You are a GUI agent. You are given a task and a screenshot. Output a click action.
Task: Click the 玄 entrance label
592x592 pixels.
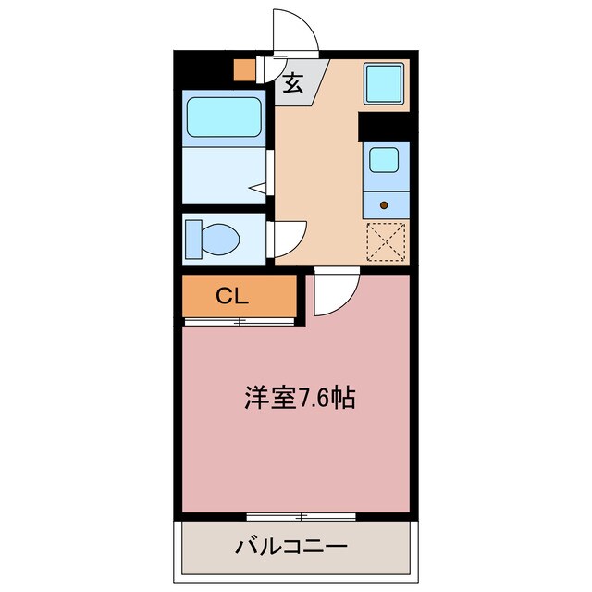pos(293,82)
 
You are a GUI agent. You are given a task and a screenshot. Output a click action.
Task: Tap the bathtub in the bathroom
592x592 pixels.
pos(225,117)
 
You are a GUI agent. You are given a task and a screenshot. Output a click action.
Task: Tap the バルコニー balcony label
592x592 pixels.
pos(295,546)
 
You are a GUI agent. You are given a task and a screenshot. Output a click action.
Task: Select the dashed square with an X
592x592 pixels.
pos(386,243)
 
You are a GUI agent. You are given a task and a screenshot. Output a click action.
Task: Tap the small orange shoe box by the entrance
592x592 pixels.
pos(243,70)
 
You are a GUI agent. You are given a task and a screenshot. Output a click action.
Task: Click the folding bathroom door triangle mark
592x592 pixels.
pos(259,188)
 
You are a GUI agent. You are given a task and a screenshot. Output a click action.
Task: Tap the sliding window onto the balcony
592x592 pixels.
pos(296,515)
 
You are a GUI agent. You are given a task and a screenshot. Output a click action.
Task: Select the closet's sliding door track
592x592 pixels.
pos(240,322)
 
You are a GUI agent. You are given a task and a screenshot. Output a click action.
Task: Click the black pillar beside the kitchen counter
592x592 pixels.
pos(384,125)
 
